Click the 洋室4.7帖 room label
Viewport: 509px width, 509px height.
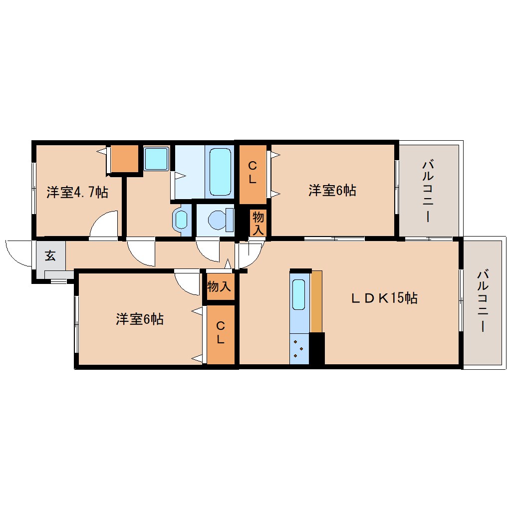coord(77,192)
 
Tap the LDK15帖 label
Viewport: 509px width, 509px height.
coord(385,298)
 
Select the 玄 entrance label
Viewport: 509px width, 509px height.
coord(50,255)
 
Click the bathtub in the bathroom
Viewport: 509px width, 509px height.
coord(220,172)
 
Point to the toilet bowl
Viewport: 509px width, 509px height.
coord(221,220)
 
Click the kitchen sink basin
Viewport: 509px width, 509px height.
coord(298,294)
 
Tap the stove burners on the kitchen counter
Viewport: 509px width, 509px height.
coord(298,348)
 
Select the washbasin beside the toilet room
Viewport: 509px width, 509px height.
coord(181,220)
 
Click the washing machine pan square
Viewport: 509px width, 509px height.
coord(156,159)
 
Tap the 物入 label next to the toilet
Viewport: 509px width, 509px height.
coord(258,223)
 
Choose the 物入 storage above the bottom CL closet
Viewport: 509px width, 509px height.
coord(219,286)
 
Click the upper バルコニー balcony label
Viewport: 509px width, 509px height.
coord(428,191)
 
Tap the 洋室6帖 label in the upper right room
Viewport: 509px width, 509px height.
coord(332,190)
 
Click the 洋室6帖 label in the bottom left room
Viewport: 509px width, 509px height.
coord(140,319)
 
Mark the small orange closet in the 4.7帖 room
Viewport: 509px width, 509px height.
coord(125,159)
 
